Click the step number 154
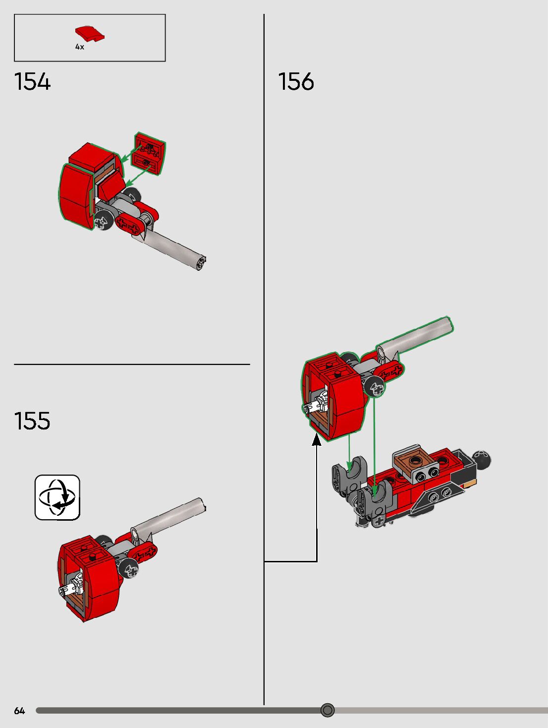[32, 82]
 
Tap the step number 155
[32, 421]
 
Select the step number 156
[296, 82]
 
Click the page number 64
[19, 711]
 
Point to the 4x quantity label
[79, 47]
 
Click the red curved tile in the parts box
[90, 34]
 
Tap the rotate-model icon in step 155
[57, 497]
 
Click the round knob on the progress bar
[328, 710]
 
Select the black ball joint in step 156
[482, 460]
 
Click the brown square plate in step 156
[414, 461]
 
